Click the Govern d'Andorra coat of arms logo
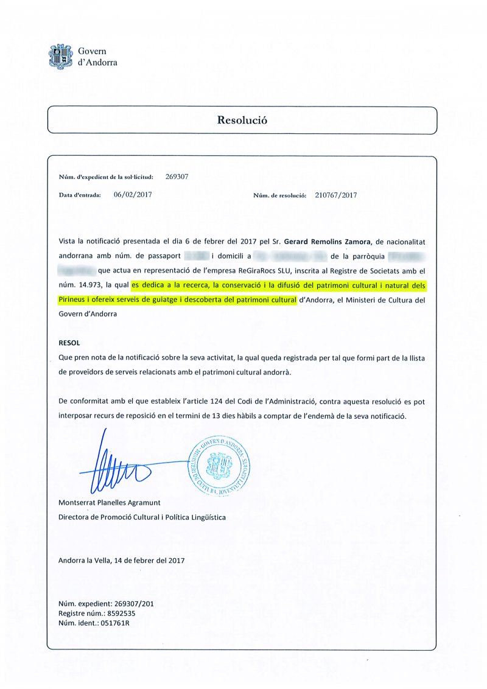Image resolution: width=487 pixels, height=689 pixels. (x=60, y=56)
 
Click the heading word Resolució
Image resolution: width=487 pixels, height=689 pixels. (x=242, y=120)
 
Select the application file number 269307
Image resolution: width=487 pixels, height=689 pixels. (x=177, y=177)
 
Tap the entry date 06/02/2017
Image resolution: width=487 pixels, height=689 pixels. (x=132, y=195)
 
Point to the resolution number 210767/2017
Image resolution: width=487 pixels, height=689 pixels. (x=336, y=195)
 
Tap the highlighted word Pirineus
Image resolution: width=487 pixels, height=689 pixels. (x=73, y=299)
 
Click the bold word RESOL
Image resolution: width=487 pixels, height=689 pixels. (x=69, y=343)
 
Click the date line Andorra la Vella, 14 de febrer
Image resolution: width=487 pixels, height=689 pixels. (x=121, y=560)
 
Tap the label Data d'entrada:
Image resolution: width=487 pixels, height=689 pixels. (x=79, y=195)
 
